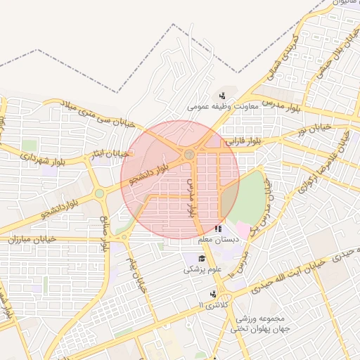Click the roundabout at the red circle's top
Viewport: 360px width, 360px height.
tap(188, 153)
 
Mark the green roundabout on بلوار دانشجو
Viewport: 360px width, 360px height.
tap(99, 193)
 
